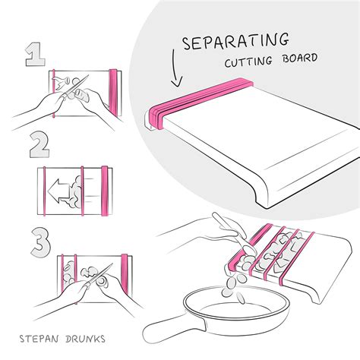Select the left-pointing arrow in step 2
[56, 187]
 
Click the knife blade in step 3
[103, 278]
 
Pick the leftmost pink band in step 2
[47, 187]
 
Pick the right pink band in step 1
[115, 91]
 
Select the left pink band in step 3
[61, 278]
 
